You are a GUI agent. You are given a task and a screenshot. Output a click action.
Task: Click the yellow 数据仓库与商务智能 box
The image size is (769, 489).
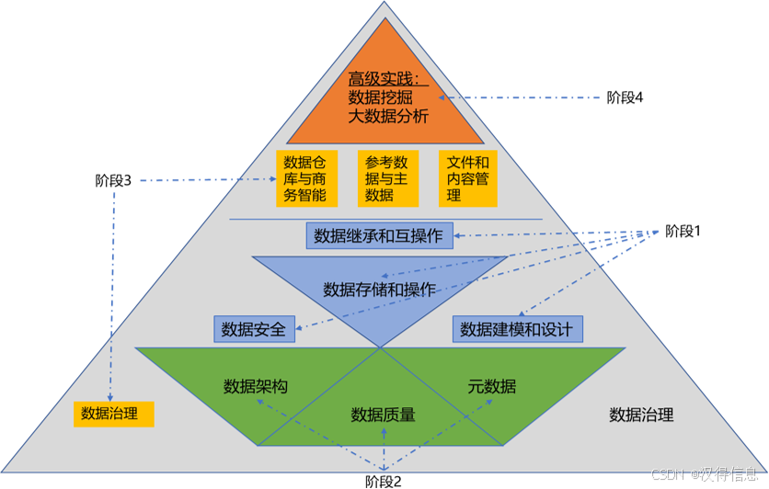pos(305,178)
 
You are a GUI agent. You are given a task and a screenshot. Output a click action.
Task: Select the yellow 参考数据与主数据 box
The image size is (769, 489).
pos(387,178)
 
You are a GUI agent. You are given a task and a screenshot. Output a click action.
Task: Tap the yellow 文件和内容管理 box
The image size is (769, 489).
pos(467,178)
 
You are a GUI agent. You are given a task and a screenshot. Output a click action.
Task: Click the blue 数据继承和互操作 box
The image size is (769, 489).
pos(378,235)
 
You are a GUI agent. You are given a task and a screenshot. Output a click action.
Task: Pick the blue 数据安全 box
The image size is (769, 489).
pos(253,329)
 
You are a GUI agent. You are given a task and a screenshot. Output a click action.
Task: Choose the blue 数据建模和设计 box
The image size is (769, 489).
pos(516,329)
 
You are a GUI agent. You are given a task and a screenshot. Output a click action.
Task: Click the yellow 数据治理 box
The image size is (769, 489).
pos(113,414)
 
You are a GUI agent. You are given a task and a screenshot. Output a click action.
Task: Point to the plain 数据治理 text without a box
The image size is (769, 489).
pos(641,415)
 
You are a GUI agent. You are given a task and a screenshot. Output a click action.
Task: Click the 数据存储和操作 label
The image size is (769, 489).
pos(379,290)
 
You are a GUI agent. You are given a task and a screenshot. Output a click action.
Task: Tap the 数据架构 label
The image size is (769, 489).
pos(256,386)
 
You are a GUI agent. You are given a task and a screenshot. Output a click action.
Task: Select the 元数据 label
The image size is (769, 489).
pos(491,386)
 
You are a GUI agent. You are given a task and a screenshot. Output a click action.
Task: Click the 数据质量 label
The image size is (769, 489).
pos(383,415)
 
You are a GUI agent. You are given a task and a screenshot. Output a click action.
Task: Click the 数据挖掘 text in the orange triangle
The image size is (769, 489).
pos(380,97)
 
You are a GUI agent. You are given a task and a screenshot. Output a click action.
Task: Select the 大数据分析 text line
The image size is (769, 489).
pos(387,116)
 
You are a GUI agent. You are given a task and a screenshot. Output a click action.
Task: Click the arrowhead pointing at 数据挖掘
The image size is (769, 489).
pos(442,97)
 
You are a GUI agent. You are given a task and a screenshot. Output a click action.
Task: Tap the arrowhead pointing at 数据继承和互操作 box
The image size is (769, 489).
pos(457,236)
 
